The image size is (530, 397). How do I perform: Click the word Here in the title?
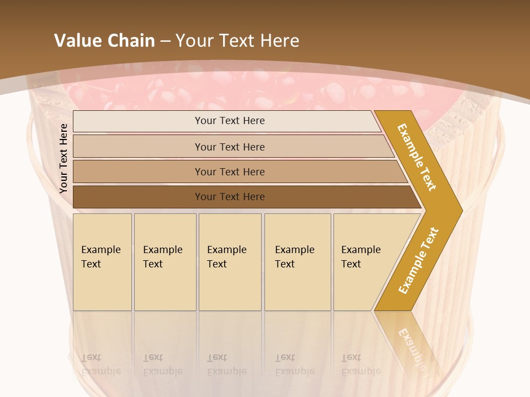279,41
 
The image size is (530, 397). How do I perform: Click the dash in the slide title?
165,41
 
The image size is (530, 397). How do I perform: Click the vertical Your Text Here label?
63,159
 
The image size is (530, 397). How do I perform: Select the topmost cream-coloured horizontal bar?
229,121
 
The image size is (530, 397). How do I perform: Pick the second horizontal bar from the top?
229,147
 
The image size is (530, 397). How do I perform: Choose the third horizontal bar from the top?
229,171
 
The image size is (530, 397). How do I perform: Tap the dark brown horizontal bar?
229,197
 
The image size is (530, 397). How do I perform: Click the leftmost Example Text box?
102,262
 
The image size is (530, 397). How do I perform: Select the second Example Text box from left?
165,262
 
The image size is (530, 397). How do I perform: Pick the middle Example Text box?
230,262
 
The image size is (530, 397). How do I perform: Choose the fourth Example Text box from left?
298,262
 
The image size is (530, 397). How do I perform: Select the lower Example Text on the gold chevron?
418,261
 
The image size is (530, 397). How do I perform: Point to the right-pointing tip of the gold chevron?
459,210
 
